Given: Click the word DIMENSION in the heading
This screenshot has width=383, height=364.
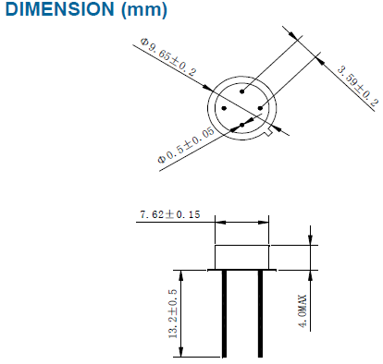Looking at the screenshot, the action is [x=60, y=8].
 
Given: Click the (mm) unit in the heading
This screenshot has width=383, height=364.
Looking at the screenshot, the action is [x=144, y=9].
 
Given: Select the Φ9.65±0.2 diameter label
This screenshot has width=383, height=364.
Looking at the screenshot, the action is [x=168, y=57].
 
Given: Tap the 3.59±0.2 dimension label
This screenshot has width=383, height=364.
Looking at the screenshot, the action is [x=357, y=86].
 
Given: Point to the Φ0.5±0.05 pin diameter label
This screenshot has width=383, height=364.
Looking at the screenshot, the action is [x=186, y=145].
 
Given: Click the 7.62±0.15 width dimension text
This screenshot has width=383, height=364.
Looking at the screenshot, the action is [x=170, y=214].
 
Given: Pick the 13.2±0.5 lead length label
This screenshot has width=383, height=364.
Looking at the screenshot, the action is [x=173, y=313].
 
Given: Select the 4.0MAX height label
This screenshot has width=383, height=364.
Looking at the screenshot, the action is [x=303, y=311].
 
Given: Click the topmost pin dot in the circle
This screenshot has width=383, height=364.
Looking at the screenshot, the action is [x=242, y=91].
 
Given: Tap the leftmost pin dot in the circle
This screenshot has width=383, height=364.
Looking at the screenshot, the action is [x=224, y=108].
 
